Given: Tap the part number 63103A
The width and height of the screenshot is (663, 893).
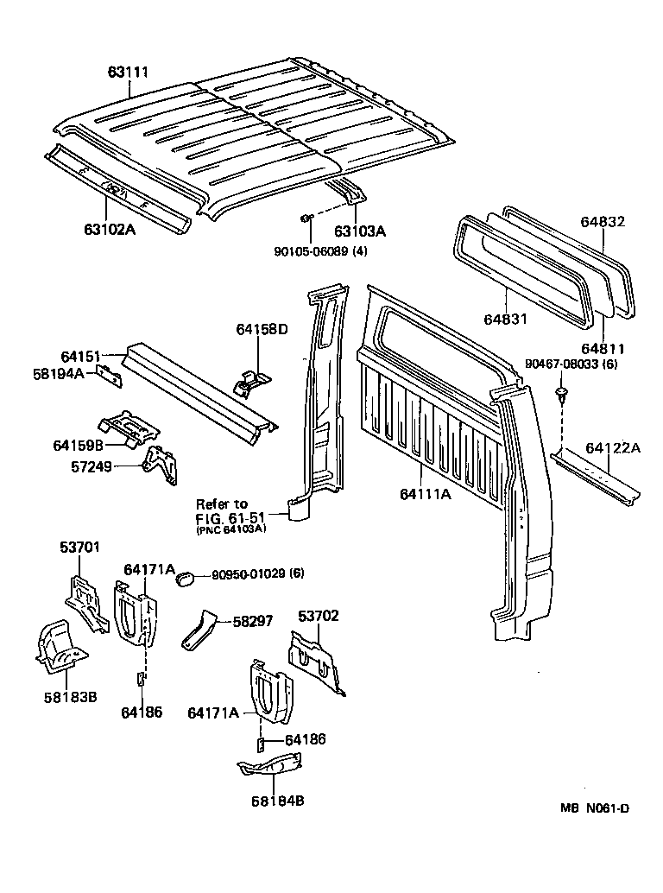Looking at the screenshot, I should (360, 231).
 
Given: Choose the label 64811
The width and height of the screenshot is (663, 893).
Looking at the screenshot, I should (603, 348).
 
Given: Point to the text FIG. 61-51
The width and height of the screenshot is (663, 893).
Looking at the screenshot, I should (230, 517).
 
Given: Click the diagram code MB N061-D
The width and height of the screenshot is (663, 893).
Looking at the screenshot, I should (594, 808).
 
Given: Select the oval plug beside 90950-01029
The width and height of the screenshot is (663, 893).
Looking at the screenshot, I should (184, 578).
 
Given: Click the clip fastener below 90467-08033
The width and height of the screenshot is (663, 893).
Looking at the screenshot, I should (562, 396).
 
